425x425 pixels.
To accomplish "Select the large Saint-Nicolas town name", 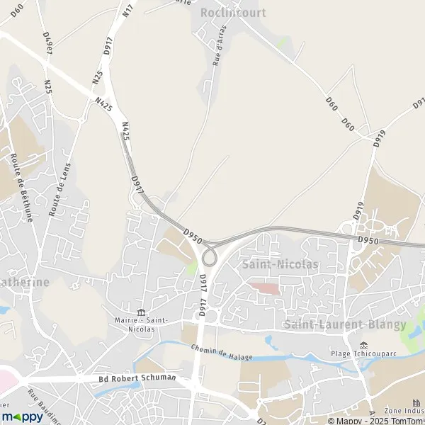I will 280,264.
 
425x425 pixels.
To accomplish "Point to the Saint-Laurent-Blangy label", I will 345,324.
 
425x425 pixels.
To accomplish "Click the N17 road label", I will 127,10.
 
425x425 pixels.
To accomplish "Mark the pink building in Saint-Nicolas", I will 263,288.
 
